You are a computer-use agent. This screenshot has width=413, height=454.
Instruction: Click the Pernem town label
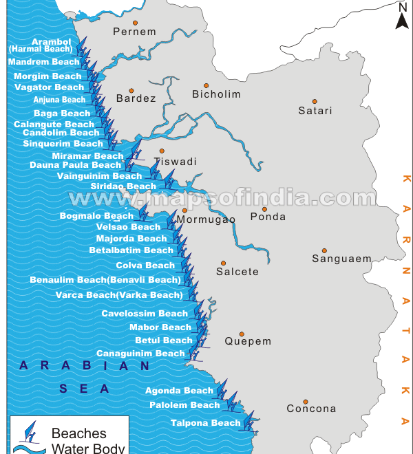point(134,32)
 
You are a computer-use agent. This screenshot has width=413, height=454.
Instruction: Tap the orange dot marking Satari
point(315,102)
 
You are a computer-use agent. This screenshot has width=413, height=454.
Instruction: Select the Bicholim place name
point(216,94)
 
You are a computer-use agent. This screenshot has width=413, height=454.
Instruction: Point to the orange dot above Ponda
point(264,209)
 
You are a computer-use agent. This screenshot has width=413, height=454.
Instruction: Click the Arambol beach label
point(51,42)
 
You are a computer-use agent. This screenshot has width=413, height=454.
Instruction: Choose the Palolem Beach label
point(184,405)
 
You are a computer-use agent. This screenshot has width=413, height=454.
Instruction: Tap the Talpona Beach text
point(205,423)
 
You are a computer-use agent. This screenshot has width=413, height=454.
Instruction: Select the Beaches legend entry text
point(79,433)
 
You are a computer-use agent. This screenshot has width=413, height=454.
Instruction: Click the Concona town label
point(311,409)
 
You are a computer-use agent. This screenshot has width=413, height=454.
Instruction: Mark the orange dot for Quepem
point(242,334)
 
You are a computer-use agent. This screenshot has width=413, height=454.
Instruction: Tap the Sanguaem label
point(341,259)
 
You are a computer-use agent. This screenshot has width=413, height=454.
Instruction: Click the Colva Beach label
point(145,266)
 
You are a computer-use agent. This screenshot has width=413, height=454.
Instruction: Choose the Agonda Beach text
point(179,391)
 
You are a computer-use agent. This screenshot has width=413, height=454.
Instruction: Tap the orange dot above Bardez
point(130,90)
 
